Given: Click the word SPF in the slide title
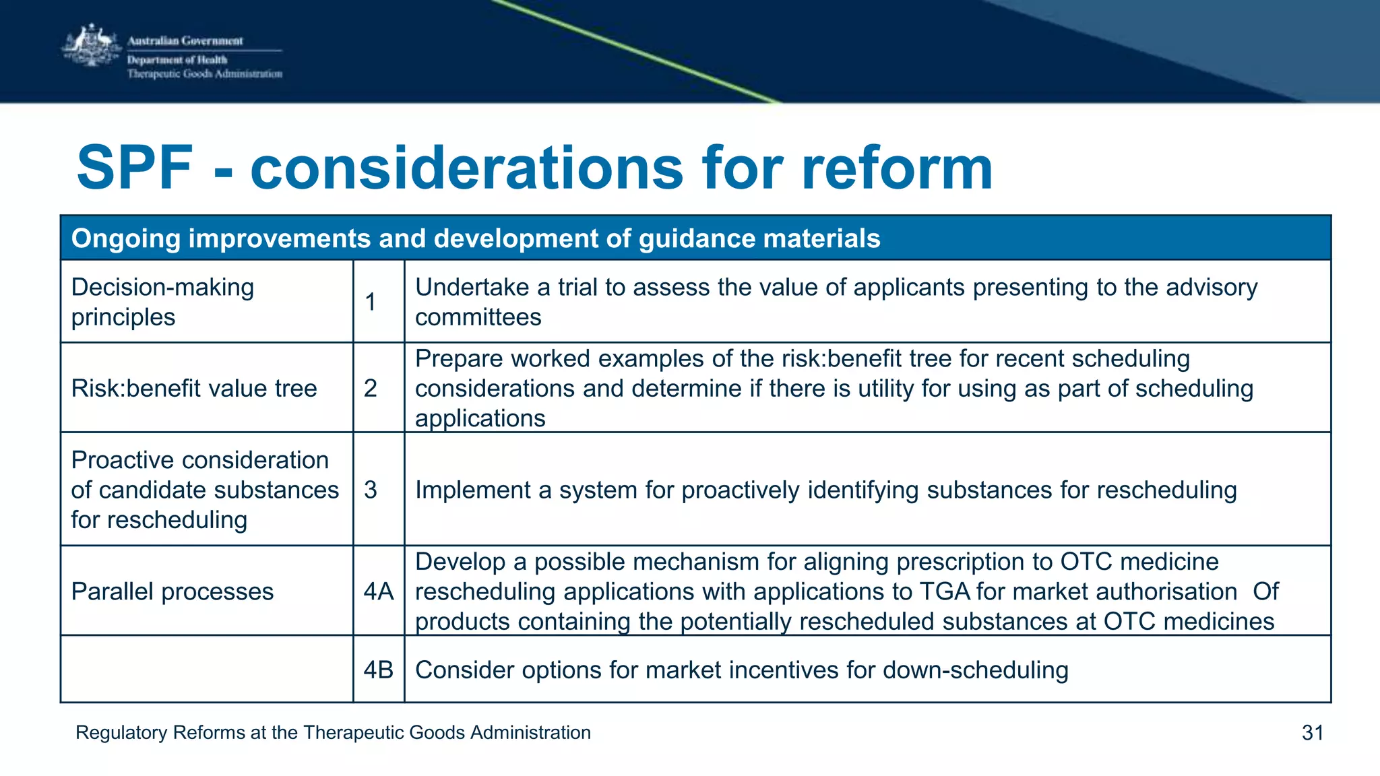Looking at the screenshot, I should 135,168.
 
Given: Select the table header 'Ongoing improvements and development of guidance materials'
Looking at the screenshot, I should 475,238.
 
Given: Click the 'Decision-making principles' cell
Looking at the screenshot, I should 163,302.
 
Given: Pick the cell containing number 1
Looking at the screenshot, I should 371,302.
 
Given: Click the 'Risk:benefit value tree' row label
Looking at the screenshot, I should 194,389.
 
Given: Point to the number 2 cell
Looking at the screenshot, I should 371,389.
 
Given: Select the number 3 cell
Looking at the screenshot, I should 371,490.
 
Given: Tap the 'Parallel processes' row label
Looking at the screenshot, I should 172,591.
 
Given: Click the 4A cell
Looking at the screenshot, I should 378,591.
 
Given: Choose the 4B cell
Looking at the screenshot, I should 378,670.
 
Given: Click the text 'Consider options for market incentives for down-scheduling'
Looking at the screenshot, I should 741,670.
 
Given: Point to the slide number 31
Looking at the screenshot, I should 1313,732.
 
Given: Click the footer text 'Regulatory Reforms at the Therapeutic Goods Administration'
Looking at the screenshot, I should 333,732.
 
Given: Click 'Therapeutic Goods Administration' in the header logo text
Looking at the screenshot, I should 205,74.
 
